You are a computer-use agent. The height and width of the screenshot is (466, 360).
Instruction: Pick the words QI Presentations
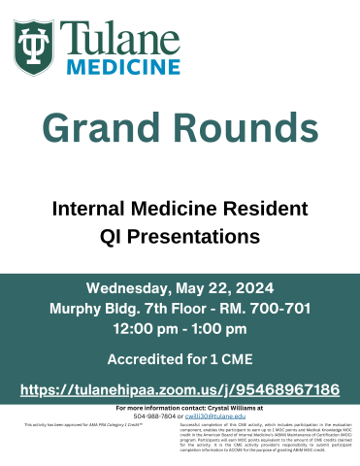click(x=180, y=235)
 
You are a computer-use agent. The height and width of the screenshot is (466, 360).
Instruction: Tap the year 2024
click(x=253, y=288)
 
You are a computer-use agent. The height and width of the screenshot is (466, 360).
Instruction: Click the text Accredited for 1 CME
click(x=180, y=359)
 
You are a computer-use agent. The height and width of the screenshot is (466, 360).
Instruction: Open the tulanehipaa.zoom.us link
click(x=180, y=389)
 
